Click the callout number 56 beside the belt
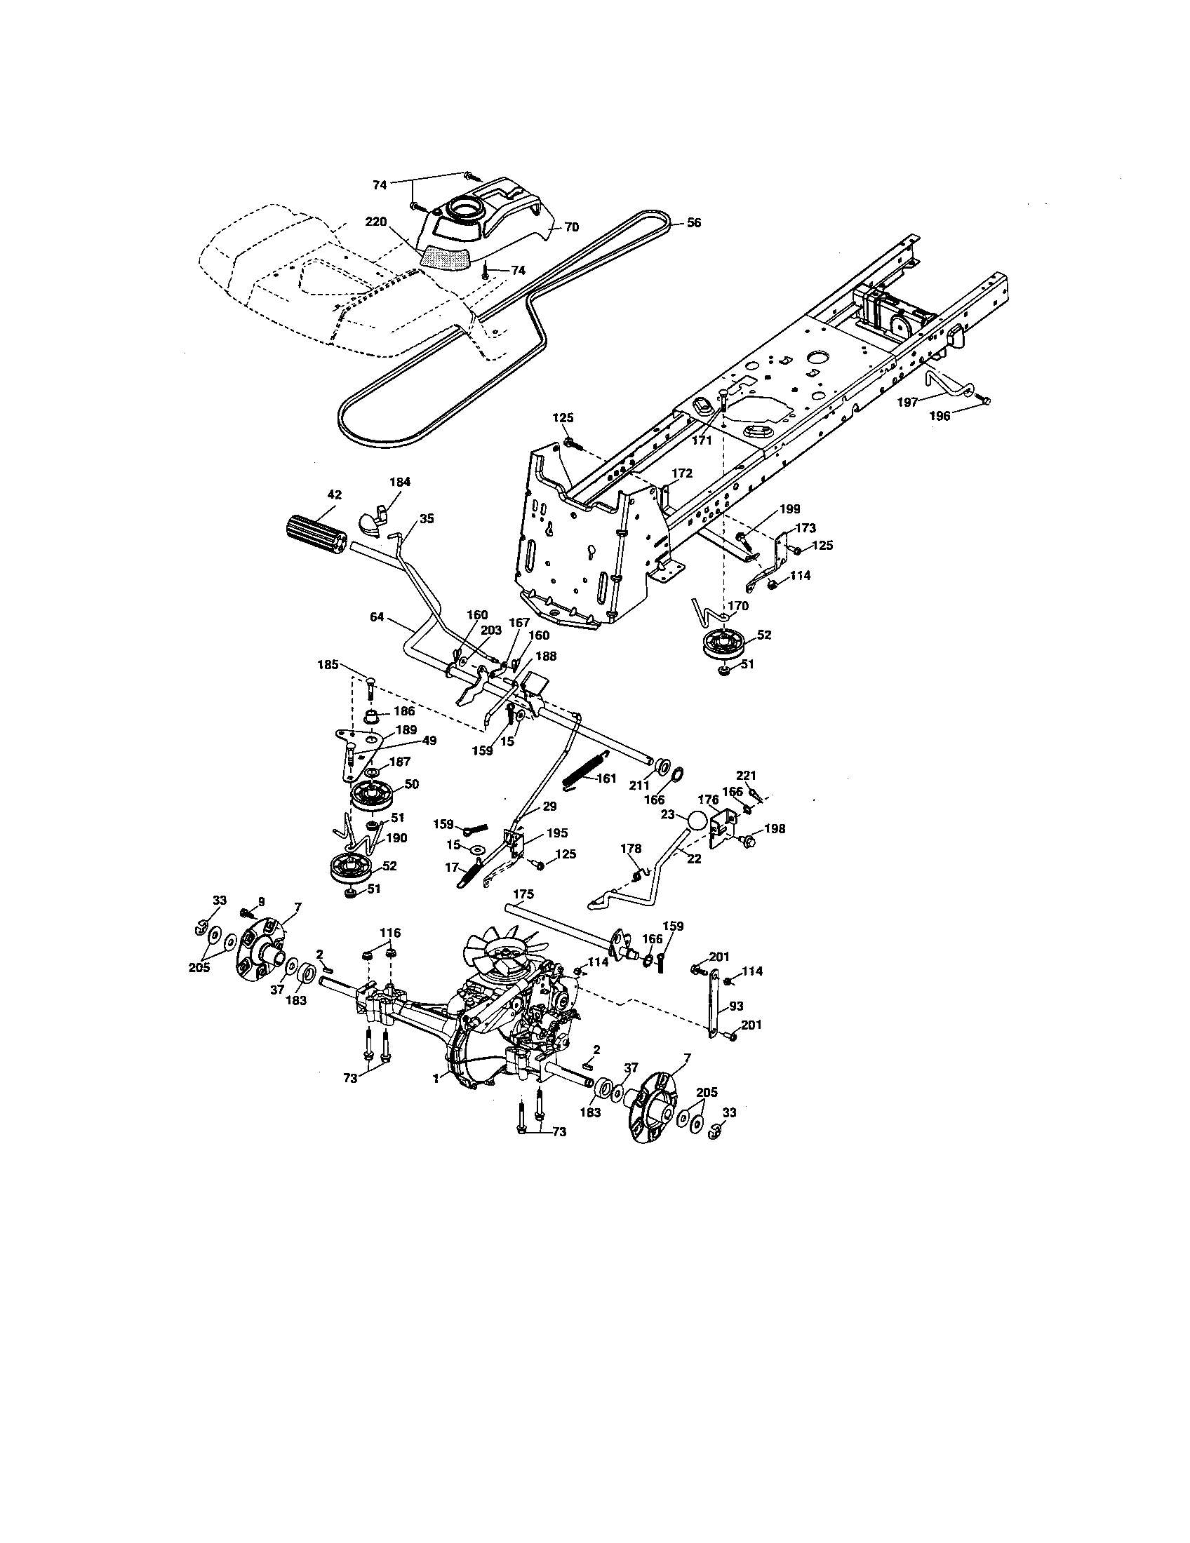694,222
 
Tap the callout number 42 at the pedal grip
334,495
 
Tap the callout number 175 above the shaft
523,894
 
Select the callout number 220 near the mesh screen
376,222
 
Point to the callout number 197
907,402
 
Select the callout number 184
400,482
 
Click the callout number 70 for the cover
571,227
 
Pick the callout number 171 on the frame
702,441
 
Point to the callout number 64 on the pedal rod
377,616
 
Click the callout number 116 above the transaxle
390,933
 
